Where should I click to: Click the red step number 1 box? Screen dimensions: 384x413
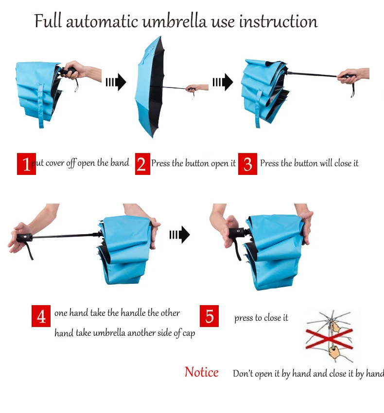26,164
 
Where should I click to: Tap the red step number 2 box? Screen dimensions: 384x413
142,164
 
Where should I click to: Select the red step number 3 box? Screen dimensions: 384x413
247,164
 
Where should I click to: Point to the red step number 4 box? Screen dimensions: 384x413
41,316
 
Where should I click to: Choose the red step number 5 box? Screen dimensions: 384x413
209,316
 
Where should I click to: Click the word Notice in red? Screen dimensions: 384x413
202,372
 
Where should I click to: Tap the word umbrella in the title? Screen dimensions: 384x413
175,21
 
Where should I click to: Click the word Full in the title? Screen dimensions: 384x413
48,21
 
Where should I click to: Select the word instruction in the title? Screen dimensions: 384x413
279,21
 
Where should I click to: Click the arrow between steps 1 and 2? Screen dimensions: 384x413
116,82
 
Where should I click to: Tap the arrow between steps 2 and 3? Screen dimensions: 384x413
223,82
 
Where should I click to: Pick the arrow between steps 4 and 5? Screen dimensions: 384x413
180,235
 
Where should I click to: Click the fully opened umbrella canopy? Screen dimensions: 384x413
150,87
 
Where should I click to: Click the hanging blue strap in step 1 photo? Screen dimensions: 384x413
41,105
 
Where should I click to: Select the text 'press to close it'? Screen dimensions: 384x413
261,318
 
